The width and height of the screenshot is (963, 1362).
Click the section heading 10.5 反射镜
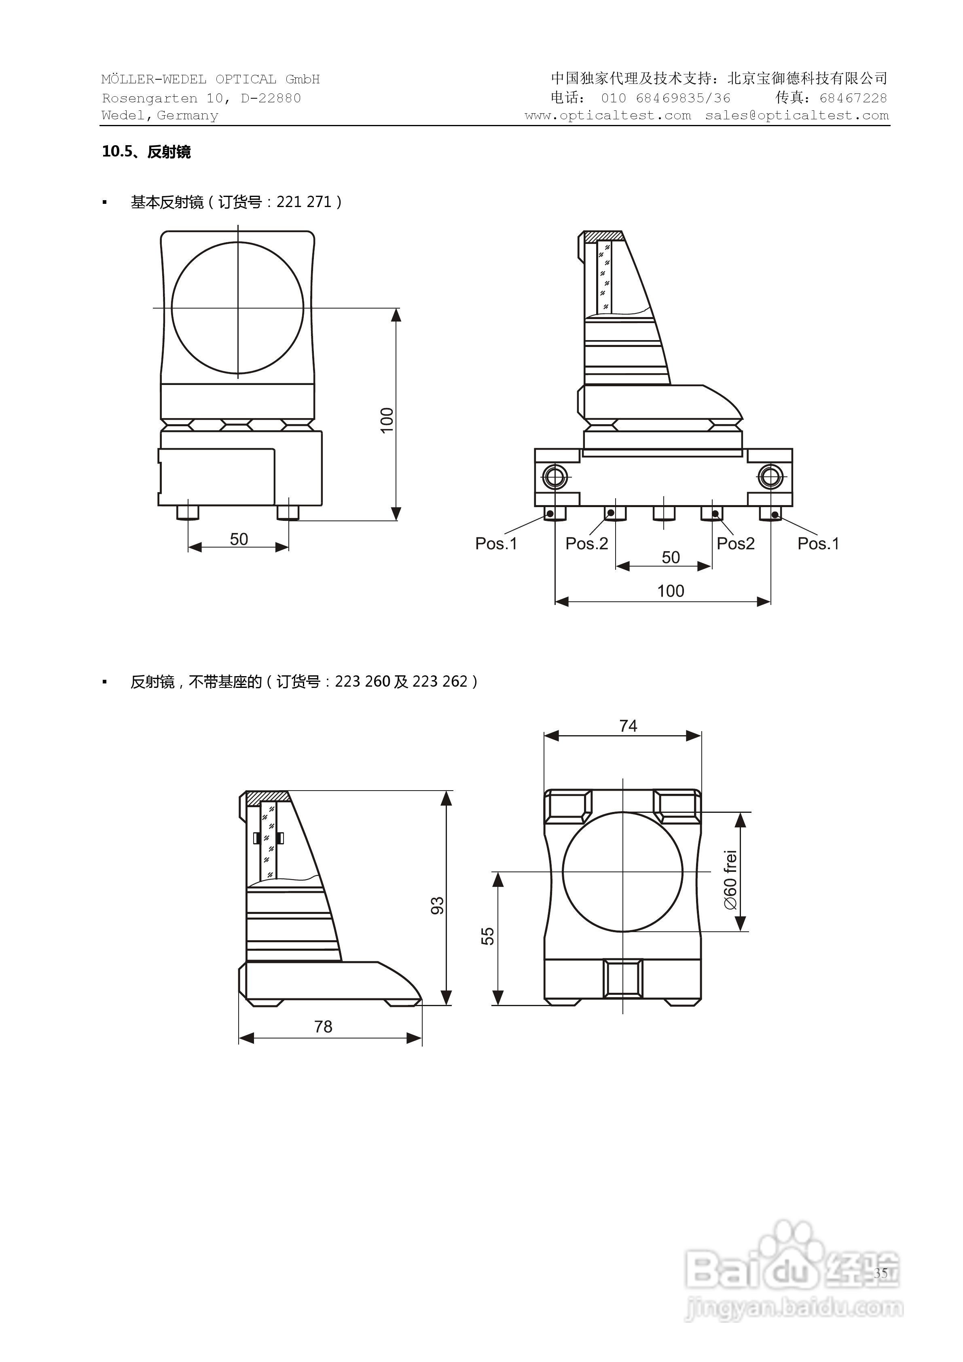click(146, 152)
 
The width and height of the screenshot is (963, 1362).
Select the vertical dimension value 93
click(437, 906)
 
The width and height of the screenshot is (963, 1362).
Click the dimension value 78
click(324, 1026)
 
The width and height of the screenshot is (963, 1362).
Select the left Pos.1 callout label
click(496, 544)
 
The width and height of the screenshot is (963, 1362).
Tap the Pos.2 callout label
click(586, 544)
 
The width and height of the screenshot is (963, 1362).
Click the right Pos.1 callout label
click(818, 544)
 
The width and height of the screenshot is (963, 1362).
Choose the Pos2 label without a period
click(735, 544)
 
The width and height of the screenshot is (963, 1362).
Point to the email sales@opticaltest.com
click(797, 116)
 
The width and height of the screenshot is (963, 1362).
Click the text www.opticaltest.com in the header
click(607, 116)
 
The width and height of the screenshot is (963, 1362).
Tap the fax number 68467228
click(853, 98)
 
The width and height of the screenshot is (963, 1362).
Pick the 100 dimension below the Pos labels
click(671, 591)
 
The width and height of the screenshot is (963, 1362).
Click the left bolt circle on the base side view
click(555, 476)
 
